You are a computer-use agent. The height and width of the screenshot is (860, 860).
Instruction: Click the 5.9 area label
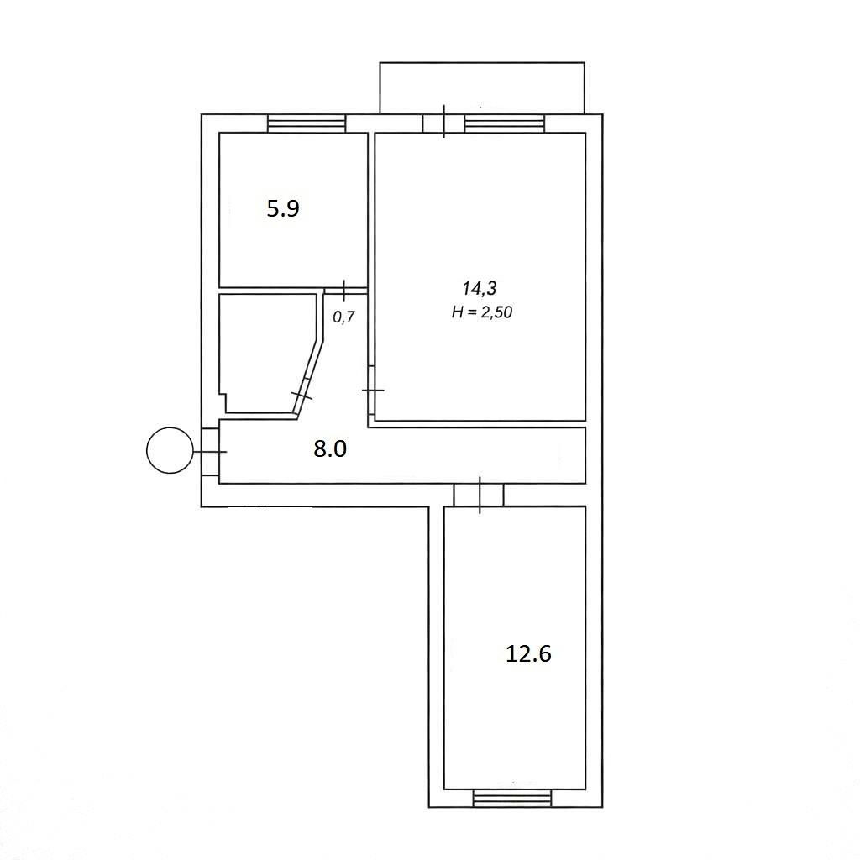coord(283,209)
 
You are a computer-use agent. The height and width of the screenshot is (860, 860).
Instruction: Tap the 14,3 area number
coord(480,288)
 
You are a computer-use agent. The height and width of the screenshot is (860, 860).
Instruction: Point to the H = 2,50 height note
coord(482,312)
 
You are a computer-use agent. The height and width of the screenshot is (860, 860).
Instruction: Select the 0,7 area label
coord(344,317)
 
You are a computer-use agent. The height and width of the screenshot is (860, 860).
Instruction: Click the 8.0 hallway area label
coord(330,449)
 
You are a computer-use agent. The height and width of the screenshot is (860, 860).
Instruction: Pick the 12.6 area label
coord(528,653)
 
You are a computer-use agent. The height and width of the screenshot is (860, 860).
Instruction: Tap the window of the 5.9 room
coord(307,123)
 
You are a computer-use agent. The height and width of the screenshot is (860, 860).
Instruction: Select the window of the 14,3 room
coord(505,123)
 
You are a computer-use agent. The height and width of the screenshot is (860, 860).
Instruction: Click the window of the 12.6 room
coord(511,799)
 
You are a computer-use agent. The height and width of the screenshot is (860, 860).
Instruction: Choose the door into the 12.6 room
coord(480,496)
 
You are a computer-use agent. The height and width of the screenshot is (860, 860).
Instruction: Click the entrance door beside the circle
coord(211,451)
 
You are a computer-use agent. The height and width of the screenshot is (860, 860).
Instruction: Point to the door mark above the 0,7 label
coord(344,290)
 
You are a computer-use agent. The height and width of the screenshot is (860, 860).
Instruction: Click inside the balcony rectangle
coord(482,87)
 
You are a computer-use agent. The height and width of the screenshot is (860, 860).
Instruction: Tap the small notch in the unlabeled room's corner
coord(223,402)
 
